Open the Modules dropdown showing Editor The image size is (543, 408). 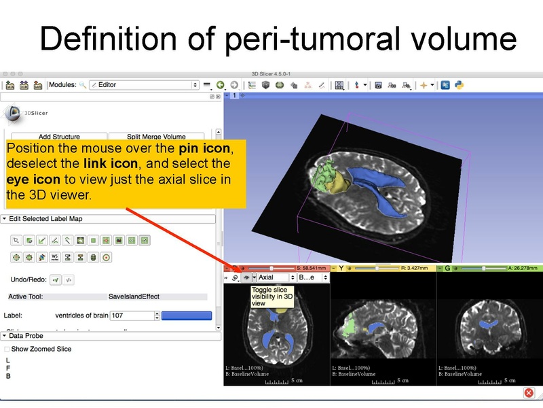click(143, 85)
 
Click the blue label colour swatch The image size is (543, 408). click(186, 316)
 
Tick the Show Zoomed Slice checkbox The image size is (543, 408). click(7, 349)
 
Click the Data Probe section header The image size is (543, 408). click(26, 336)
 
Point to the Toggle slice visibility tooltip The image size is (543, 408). click(271, 296)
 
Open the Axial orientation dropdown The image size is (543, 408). click(274, 277)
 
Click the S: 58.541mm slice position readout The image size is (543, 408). click(309, 269)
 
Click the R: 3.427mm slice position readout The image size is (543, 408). click(414, 269)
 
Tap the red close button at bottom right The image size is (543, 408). click(529, 394)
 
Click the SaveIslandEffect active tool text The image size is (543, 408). click(134, 296)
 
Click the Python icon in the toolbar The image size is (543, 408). click(460, 85)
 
